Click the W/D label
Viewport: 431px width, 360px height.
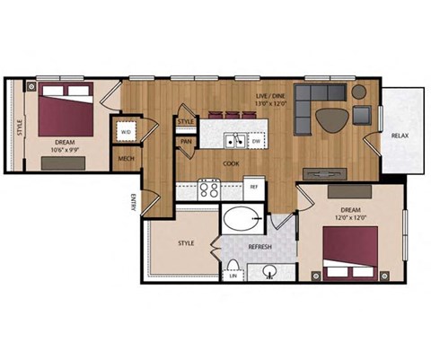(125, 132)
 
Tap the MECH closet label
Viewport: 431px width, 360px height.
(126, 161)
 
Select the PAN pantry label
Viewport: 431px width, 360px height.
(186, 141)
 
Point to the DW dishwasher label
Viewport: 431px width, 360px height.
(256, 141)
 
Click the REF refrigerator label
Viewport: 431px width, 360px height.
(254, 188)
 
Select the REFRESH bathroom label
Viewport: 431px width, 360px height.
(260, 247)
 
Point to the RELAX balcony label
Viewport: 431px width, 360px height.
(400, 136)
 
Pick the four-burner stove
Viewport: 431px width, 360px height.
(209, 189)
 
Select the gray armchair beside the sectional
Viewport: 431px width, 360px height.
(362, 115)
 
